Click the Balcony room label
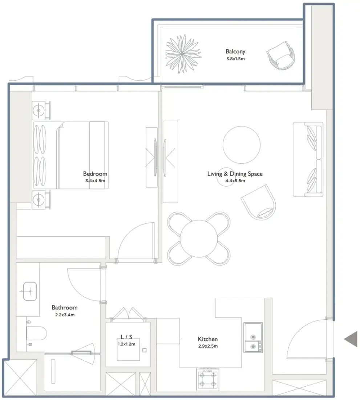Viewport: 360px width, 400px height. pos(235,52)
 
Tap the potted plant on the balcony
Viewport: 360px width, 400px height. pos(183,54)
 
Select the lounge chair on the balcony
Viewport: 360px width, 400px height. pos(280,56)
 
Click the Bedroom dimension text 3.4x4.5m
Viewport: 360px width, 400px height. pos(95,181)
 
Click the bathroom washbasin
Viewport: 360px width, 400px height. pos(30,291)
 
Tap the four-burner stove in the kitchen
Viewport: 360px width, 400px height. pos(208,379)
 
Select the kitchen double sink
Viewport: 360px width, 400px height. pos(253,337)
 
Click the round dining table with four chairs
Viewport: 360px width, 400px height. pos(199,239)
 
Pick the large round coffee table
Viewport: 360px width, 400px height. pos(242,145)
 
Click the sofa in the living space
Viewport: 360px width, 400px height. pos(308,159)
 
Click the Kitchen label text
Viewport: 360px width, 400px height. pos(208,339)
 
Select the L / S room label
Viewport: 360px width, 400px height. pos(126,337)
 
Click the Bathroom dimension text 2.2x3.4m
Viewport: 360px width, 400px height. pos(65,315)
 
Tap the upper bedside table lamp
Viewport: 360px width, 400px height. pos(39,111)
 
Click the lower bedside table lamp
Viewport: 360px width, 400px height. pos(39,200)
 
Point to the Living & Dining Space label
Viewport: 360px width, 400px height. pos(235,174)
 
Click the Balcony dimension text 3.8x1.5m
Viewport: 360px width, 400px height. pos(235,59)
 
